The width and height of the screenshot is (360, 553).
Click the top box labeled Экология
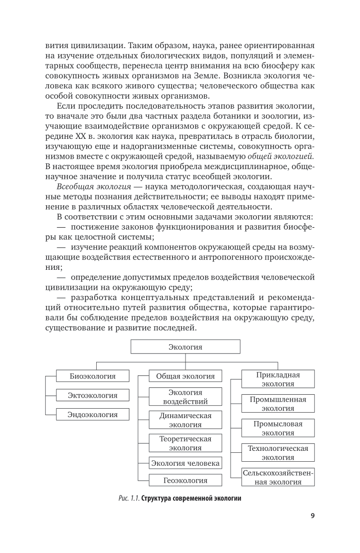click(185, 347)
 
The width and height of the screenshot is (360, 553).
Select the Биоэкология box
click(93, 376)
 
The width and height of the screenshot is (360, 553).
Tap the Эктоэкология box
click(93, 395)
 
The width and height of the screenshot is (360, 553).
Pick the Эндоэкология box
click(93, 415)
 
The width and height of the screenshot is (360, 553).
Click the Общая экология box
click(185, 376)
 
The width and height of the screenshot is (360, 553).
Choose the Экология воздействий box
click(185, 397)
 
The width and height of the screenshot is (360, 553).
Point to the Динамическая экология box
click(185, 420)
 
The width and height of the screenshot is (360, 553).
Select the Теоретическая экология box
click(185, 443)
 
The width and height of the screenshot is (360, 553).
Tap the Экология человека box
click(185, 463)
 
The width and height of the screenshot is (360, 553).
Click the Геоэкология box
click(185, 480)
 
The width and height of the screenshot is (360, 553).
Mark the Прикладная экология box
click(278, 379)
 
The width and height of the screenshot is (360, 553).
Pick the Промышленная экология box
click(278, 404)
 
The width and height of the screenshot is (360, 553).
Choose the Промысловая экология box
click(278, 428)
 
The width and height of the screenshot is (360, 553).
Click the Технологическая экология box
click(278, 452)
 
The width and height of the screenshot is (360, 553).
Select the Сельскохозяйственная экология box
click(278, 477)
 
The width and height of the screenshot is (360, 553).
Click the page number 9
click(313, 516)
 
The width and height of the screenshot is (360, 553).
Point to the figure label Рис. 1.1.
click(128, 498)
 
